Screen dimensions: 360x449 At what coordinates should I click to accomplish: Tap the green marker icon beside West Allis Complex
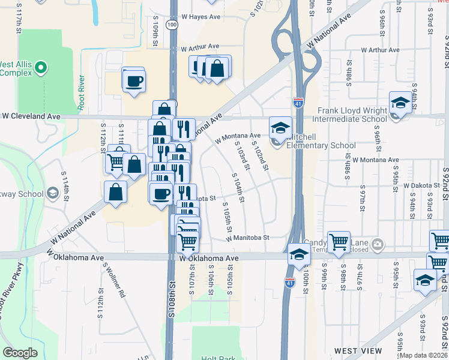pos(41,68)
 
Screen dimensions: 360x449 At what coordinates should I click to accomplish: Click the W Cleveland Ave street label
pos(31,115)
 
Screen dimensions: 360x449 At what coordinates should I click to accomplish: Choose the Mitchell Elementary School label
pos(321,145)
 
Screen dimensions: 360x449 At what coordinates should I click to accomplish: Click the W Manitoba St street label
pos(248,238)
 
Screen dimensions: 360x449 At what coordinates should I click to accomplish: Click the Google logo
pos(20,353)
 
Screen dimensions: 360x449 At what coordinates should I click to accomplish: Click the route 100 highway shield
pos(172,25)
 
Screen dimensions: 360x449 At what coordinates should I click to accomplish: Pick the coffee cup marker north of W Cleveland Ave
pos(134,80)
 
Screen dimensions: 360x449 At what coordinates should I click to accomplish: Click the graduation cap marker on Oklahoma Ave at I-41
pos(298,254)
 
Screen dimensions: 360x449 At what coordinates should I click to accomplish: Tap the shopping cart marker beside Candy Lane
pos(339,242)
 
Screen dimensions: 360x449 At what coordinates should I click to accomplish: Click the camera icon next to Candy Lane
pos(378,244)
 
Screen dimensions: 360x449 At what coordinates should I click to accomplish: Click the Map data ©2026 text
pos(424,355)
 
